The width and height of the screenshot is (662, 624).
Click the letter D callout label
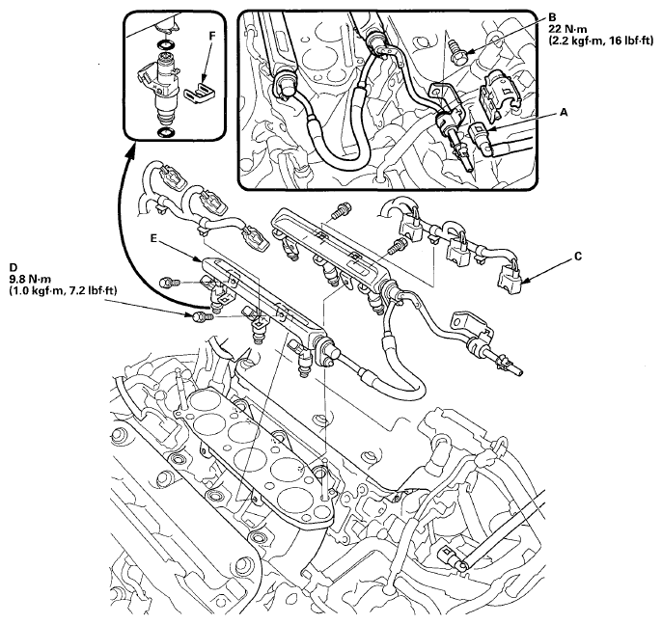tap(13, 263)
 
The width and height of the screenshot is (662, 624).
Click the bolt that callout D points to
tap(201, 314)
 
